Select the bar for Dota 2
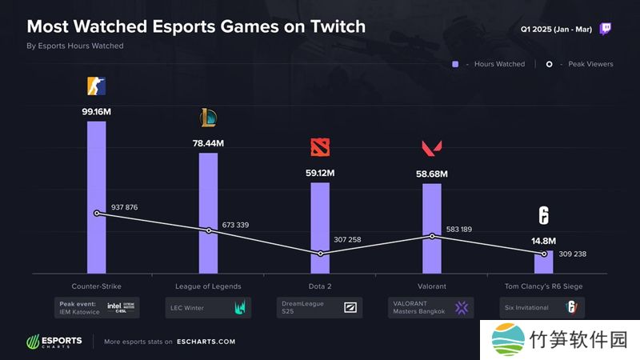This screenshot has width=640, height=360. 320,228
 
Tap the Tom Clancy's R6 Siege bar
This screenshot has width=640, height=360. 544,263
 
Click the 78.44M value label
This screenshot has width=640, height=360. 208,142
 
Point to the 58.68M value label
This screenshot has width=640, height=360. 432,173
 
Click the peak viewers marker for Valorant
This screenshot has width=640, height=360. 432,236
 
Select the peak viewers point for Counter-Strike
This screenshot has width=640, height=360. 97,214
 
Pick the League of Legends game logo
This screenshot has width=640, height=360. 208,118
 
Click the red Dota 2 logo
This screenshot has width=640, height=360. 320,148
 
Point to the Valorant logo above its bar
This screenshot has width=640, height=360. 432,148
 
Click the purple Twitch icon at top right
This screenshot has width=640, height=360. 606,28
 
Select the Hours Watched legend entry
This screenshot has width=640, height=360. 489,64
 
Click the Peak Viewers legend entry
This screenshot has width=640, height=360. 581,64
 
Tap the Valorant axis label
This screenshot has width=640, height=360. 432,286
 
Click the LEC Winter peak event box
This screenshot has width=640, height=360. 208,307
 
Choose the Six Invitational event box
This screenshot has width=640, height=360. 544,307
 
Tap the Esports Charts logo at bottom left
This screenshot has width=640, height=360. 54,342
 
